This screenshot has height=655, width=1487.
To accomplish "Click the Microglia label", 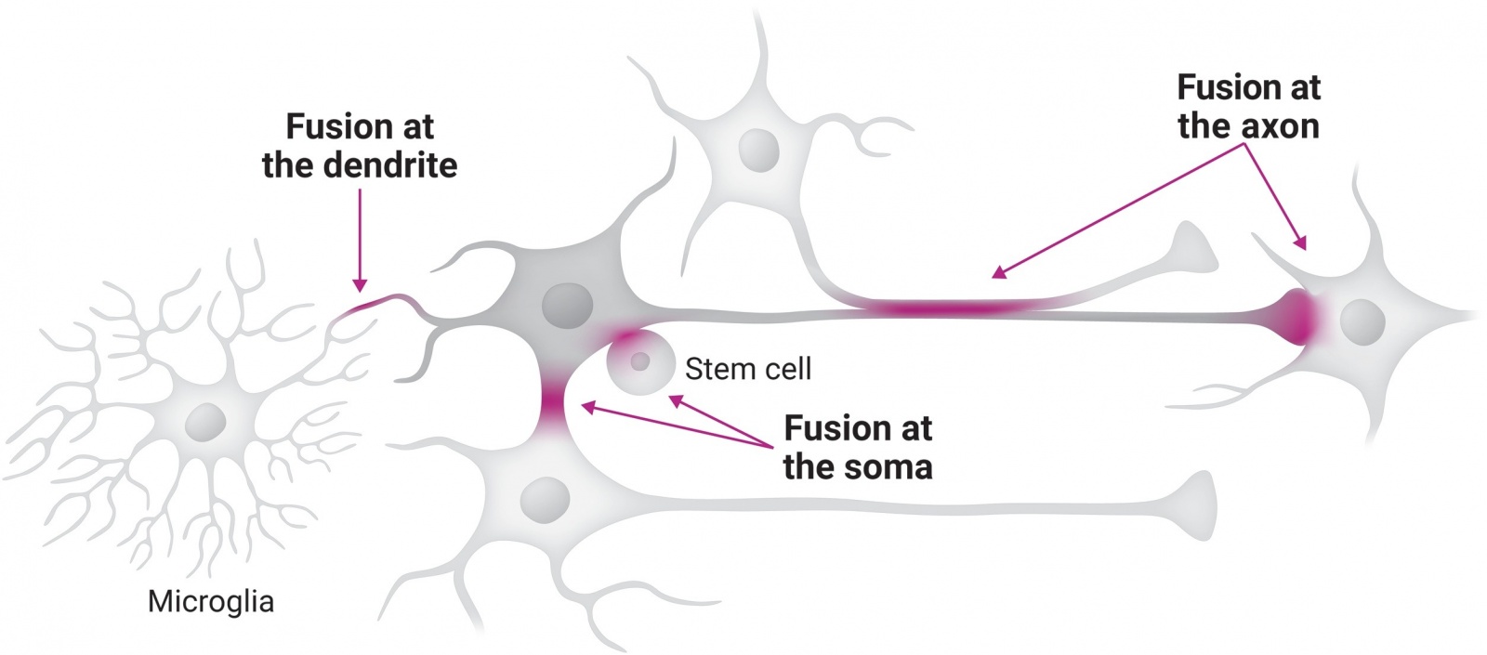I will click(x=211, y=601).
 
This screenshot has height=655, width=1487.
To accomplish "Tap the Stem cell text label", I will click(x=747, y=369).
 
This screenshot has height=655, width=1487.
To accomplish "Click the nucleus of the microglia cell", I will click(x=205, y=423).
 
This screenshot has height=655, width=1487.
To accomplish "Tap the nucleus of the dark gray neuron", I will click(x=566, y=306).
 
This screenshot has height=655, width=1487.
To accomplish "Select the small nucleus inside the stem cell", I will click(x=639, y=361).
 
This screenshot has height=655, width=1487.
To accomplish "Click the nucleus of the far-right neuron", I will click(x=1362, y=321).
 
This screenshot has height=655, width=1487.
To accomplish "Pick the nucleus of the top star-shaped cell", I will click(x=758, y=149).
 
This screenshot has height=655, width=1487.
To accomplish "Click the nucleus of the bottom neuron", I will click(x=545, y=501).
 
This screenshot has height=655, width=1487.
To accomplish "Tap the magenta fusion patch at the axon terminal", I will click(x=1302, y=316).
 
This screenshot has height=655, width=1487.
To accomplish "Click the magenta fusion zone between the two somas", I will click(x=555, y=404).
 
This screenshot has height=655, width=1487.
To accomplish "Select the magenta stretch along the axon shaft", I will click(x=948, y=308).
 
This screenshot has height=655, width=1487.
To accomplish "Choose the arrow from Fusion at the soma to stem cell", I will click(x=721, y=422).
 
